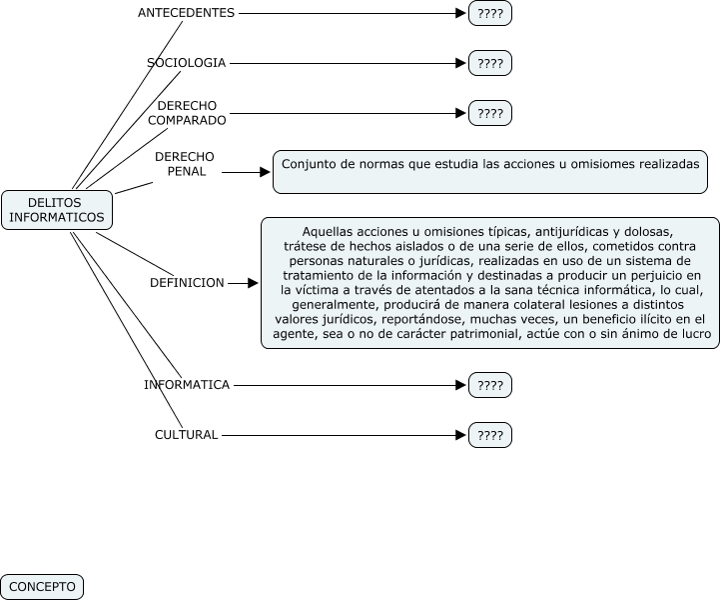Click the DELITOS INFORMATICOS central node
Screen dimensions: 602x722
[x=57, y=209]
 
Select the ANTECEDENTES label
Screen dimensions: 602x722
[x=186, y=13]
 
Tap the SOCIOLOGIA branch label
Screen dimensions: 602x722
[x=187, y=63]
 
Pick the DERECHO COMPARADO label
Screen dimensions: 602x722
[x=187, y=113]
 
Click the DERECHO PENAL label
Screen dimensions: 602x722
[x=184, y=164]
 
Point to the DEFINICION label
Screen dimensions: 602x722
[x=187, y=283]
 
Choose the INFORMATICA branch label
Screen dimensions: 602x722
[x=187, y=384]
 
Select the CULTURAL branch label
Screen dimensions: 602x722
[x=186, y=435]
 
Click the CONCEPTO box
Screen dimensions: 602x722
[x=42, y=587]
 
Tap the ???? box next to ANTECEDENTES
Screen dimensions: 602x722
[x=489, y=13]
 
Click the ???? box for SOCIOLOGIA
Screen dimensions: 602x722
[x=489, y=63]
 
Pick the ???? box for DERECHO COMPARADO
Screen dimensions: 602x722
[x=489, y=113]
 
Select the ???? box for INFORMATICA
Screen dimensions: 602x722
[x=489, y=384]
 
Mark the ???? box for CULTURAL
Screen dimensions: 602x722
[x=489, y=435]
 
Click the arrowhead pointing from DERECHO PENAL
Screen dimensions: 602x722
[x=265, y=172]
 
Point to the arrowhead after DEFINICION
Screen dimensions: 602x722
[x=253, y=283]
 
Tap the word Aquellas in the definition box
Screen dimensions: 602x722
[x=329, y=230]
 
